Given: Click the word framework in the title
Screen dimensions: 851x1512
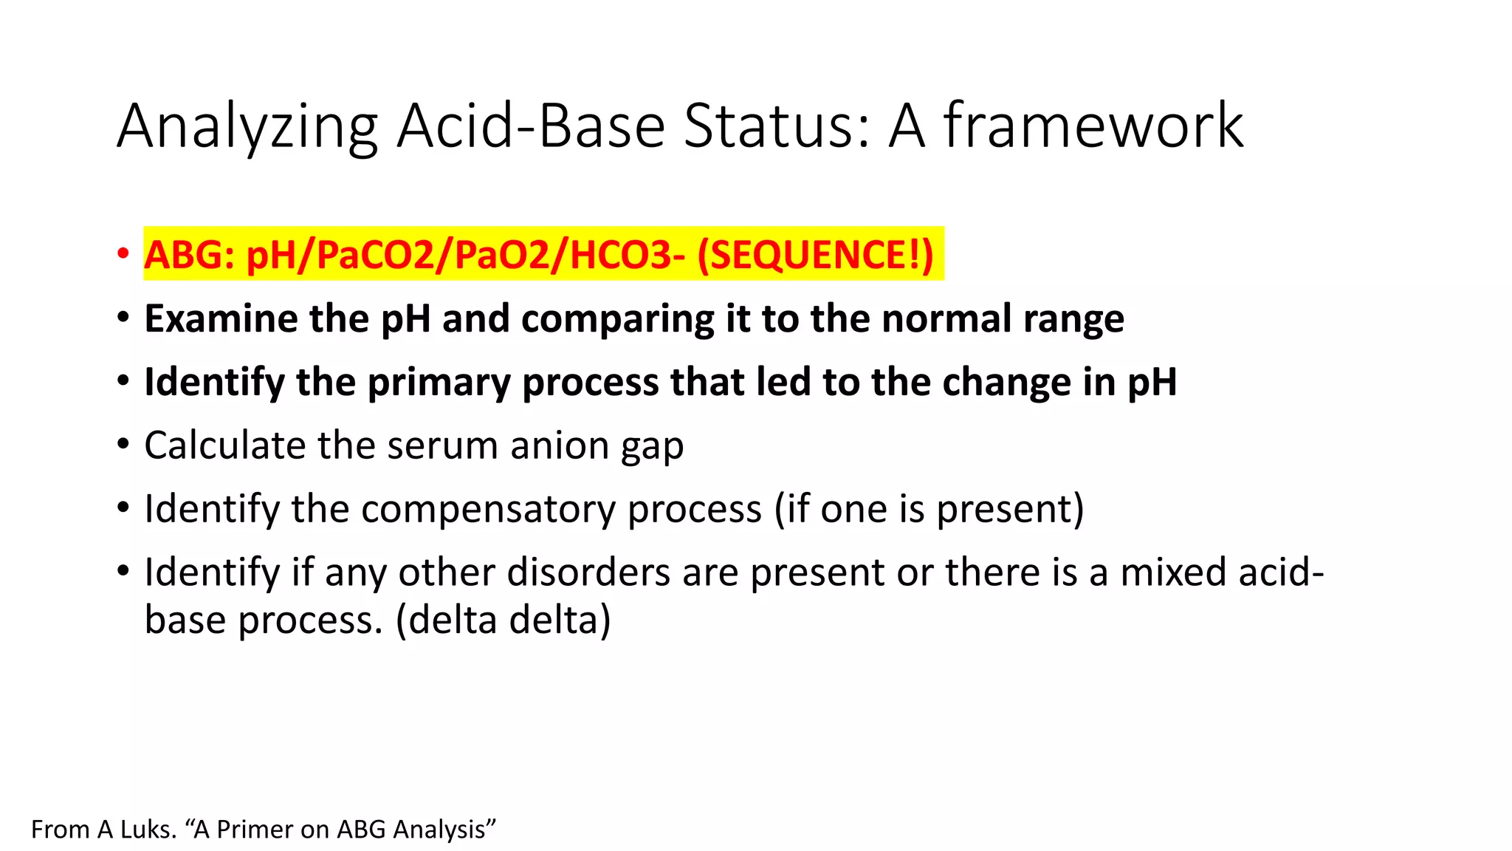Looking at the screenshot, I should click(x=1093, y=126).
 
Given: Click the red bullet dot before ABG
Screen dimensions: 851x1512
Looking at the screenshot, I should click(x=123, y=254).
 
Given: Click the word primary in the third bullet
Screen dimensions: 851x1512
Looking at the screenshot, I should click(x=439, y=383).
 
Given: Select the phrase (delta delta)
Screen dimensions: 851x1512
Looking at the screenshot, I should click(x=504, y=619).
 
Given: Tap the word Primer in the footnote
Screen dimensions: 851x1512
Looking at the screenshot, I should click(x=256, y=830).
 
